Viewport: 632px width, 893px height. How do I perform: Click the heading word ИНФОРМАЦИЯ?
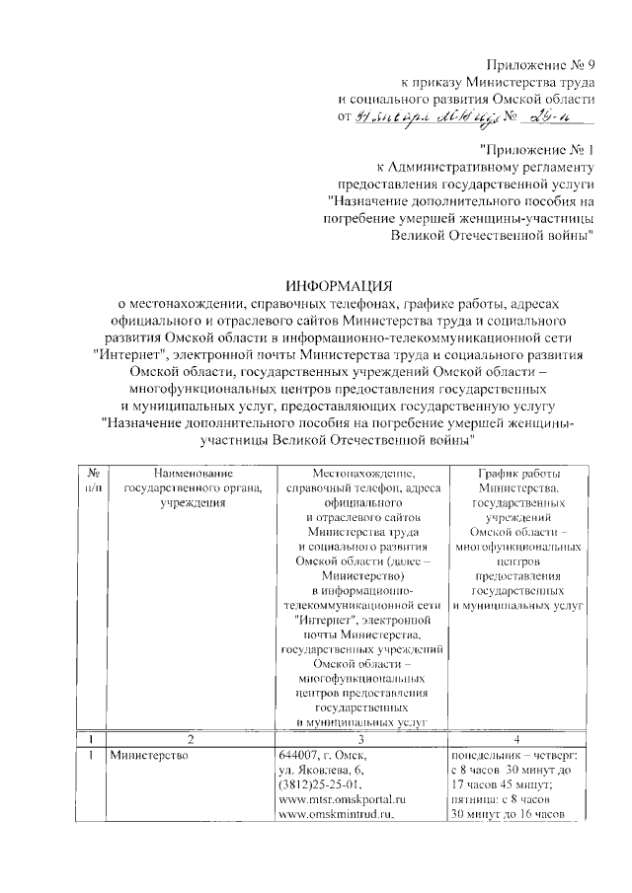click(340, 284)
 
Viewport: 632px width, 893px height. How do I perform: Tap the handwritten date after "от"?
click(419, 118)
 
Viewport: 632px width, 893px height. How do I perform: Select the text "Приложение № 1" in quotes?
click(537, 149)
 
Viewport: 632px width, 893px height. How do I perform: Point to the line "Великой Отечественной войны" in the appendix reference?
click(492, 235)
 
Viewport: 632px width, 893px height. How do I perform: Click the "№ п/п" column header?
click(93, 484)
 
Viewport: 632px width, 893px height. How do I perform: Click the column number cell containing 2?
click(191, 737)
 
